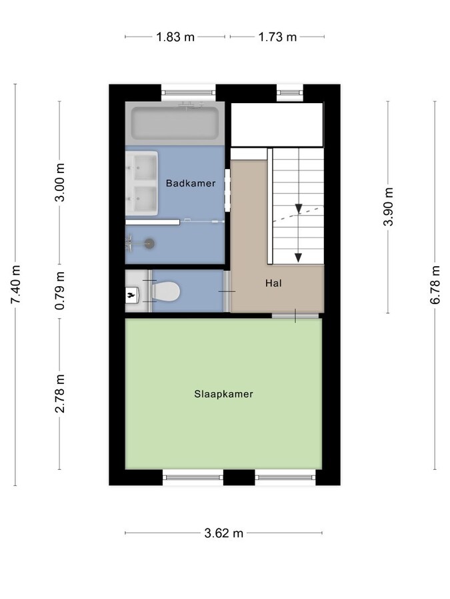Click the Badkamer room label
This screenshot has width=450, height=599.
tap(191, 183)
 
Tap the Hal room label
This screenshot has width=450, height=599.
tap(273, 283)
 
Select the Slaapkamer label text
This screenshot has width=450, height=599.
tap(223, 394)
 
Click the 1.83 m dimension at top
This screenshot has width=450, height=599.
tap(175, 37)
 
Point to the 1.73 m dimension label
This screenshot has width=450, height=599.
tap(277, 37)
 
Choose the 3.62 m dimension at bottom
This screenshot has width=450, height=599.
tap(223, 533)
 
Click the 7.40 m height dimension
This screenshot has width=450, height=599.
tap(15, 284)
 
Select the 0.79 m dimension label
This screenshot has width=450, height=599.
tap(60, 291)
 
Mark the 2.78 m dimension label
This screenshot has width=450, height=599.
tap(60, 394)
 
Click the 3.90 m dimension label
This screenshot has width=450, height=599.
tap(388, 208)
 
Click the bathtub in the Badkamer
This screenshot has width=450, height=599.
tap(175, 122)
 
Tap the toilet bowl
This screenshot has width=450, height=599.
tap(166, 291)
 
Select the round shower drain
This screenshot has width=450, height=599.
tap(149, 244)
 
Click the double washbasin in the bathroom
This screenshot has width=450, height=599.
tap(142, 183)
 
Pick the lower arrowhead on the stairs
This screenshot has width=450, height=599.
tap(299, 258)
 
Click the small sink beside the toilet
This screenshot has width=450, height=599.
tap(131, 292)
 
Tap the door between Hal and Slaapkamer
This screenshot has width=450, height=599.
tap(295, 315)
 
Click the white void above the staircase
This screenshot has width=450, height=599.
tap(277, 124)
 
